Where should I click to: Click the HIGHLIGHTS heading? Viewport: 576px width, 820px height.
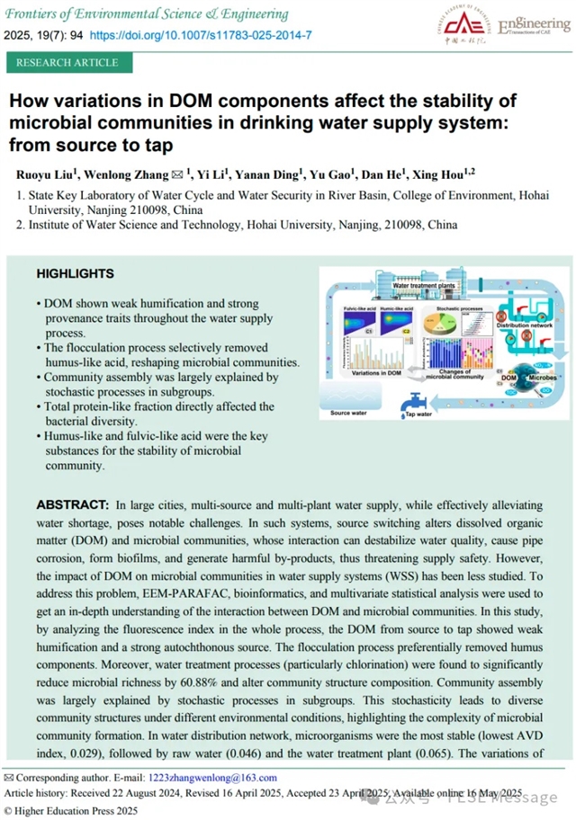[75, 273]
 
